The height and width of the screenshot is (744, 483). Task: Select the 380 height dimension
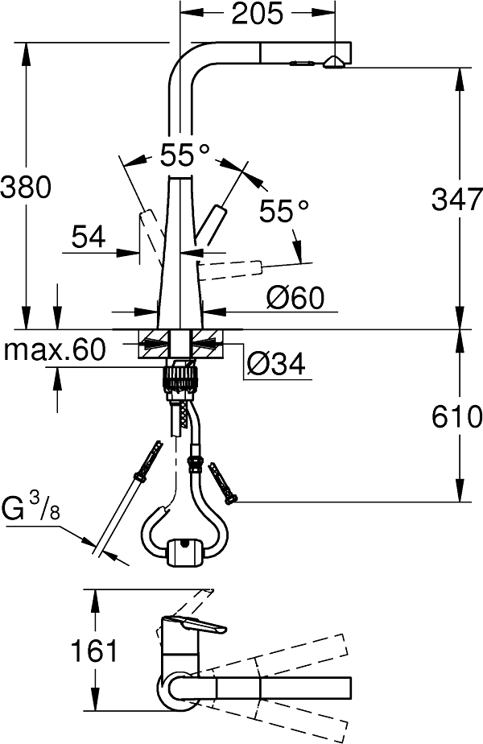pos(26,187)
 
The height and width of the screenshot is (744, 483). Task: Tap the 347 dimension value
pos(456,199)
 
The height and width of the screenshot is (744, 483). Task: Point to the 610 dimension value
pos(456,416)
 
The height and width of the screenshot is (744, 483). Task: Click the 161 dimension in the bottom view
pos(94,651)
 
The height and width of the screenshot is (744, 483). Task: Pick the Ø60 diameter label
pos(294,299)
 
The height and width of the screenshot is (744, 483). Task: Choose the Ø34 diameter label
pos(275,365)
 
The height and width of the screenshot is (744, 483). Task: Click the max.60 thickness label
pos(55,349)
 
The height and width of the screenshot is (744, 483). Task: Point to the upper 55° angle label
pos(184,155)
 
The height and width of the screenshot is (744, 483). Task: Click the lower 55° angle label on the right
pos(284,212)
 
